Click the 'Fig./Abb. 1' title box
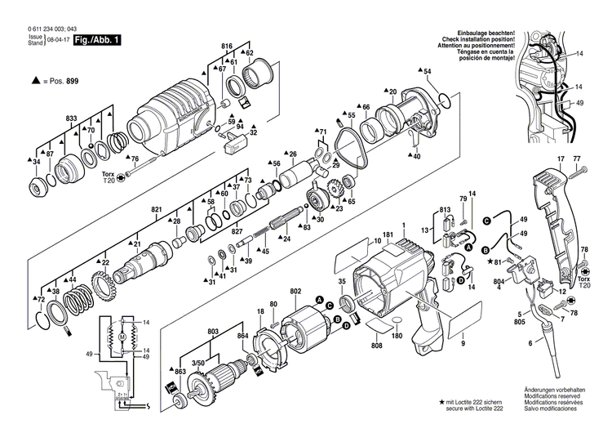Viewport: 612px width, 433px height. tap(97, 39)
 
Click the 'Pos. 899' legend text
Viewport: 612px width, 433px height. tap(64, 82)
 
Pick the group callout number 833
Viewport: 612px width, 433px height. tap(72, 119)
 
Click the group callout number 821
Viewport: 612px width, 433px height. tap(156, 210)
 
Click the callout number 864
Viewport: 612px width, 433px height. tap(243, 337)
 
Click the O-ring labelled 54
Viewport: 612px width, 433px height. tap(443, 101)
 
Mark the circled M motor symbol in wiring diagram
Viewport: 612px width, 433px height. tap(122, 337)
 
